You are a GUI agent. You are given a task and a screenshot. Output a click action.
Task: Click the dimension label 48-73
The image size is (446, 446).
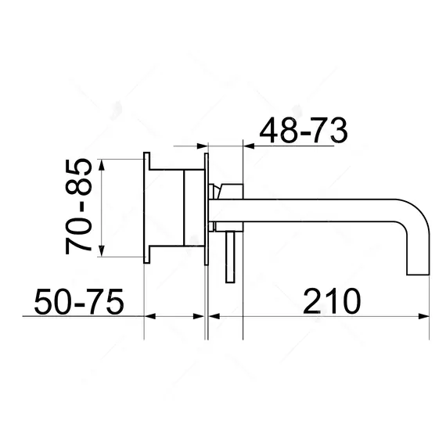302,130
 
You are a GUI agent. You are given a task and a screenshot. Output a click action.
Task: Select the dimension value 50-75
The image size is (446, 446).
79,301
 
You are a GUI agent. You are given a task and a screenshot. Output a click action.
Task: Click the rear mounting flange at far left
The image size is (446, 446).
146,208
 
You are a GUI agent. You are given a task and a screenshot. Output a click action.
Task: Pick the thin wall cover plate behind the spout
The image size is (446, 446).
206,208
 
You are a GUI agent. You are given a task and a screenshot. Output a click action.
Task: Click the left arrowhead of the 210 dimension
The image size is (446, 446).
214,317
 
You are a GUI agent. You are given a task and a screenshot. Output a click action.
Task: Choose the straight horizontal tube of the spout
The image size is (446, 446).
313,208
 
